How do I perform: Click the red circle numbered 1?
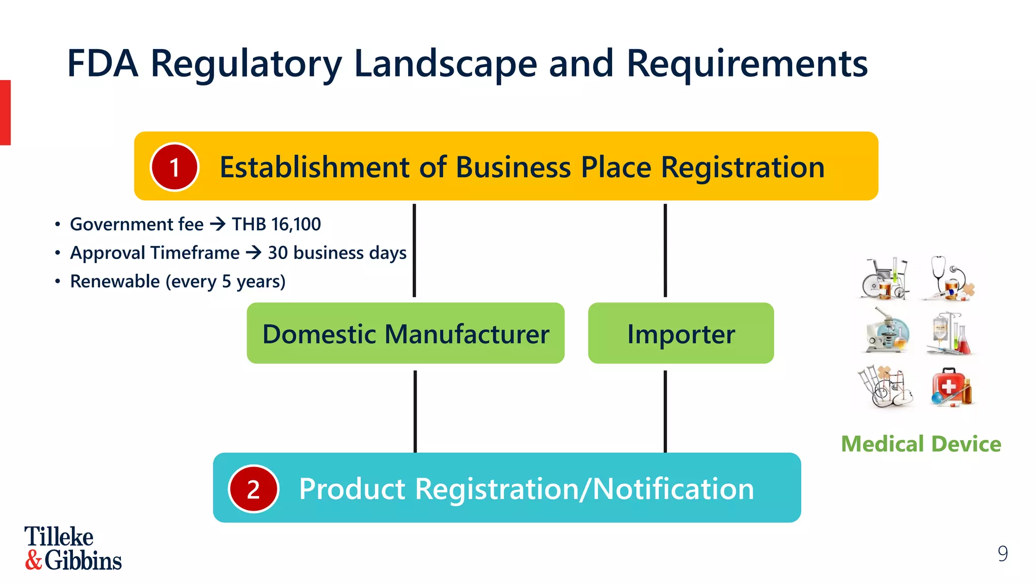point(175,167)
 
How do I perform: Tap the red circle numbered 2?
point(253,489)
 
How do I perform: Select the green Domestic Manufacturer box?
point(405,334)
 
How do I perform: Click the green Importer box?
point(681,334)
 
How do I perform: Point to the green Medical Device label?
point(921,444)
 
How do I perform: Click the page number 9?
point(1003,554)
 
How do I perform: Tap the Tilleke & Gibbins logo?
point(73,549)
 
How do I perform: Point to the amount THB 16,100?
point(276,224)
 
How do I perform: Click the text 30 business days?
point(337,253)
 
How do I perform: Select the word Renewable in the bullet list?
point(115,281)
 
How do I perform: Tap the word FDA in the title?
point(103,64)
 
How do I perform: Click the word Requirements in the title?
point(747,64)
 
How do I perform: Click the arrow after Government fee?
point(218,224)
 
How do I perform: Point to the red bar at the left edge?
point(5,112)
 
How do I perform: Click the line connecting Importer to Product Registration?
point(665,411)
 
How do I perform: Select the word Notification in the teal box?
point(673,489)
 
